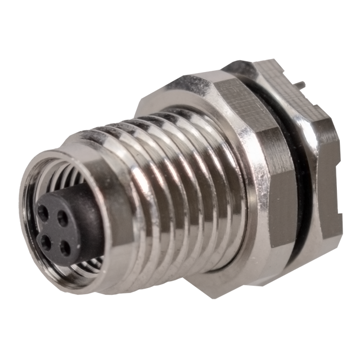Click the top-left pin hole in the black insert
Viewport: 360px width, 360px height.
coord(43,211)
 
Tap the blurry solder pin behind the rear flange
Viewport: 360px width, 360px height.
coord(304,84)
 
